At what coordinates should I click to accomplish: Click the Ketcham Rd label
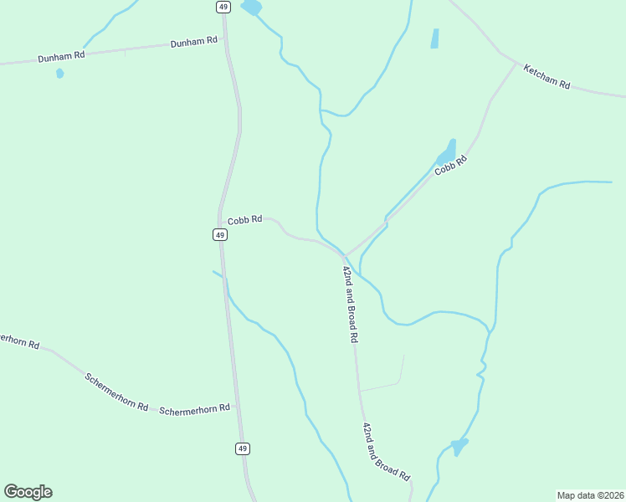click(546, 77)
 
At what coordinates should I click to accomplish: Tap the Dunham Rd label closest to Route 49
click(194, 41)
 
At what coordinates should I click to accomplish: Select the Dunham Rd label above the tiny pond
click(62, 57)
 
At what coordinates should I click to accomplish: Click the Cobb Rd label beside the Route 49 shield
click(245, 219)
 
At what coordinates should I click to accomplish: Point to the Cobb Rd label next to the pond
click(449, 164)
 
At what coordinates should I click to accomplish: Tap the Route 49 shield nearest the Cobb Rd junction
click(219, 235)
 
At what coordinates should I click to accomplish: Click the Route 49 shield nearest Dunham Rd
click(222, 7)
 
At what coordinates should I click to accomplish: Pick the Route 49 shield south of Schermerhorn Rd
click(242, 448)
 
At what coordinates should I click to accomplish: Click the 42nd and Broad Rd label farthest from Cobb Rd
click(386, 451)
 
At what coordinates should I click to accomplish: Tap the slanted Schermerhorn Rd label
click(116, 391)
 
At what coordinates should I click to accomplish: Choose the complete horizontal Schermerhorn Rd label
click(194, 409)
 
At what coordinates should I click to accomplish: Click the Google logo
click(28, 492)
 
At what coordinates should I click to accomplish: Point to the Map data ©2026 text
click(589, 494)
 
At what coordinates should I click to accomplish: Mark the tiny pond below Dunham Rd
click(59, 74)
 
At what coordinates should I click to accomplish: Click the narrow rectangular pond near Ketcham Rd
click(434, 38)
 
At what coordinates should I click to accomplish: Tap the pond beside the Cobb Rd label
click(447, 152)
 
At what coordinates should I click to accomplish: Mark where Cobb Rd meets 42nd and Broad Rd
click(344, 255)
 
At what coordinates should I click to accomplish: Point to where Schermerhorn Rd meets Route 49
click(236, 407)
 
